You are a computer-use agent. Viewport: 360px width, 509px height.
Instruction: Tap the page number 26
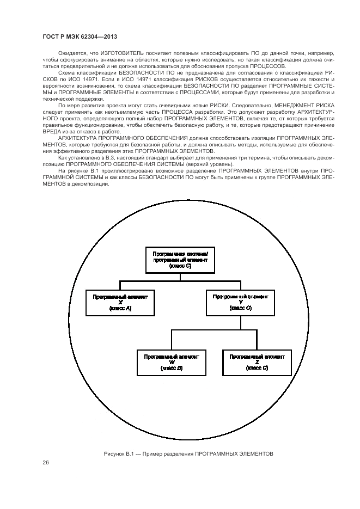tap(46, 462)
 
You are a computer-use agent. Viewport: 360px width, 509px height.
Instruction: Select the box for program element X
tap(120, 302)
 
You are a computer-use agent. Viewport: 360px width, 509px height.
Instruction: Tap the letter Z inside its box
tap(257, 362)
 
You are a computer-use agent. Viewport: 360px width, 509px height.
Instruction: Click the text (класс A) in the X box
tap(120, 309)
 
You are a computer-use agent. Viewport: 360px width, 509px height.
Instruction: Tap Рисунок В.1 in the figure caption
tap(117, 453)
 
